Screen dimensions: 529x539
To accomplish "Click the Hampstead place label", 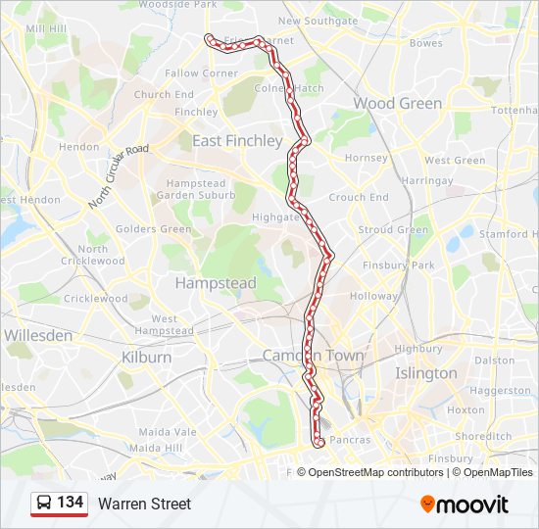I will point(216,283).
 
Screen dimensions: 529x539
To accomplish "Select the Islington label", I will point(425,373).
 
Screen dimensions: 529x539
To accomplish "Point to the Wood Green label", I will point(397,103).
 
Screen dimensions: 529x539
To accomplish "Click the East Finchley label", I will point(237,141).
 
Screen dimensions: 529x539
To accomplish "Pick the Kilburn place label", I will point(147,358).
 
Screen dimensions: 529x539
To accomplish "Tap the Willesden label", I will point(38,335).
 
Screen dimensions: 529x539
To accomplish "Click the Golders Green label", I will point(153,229).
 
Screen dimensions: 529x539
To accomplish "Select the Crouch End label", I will point(359,197).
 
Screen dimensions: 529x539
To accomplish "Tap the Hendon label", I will point(79,147).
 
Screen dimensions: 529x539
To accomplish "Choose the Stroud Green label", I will point(393,230).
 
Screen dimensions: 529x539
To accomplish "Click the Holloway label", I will point(374,296).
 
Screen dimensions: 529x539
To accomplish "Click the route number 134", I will point(70,503).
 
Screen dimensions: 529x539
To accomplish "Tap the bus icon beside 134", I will point(44,504).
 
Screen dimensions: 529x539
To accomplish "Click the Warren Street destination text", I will point(144,504).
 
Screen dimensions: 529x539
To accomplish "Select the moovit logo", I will point(465,505).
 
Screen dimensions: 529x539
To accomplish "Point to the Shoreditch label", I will point(483,436).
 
